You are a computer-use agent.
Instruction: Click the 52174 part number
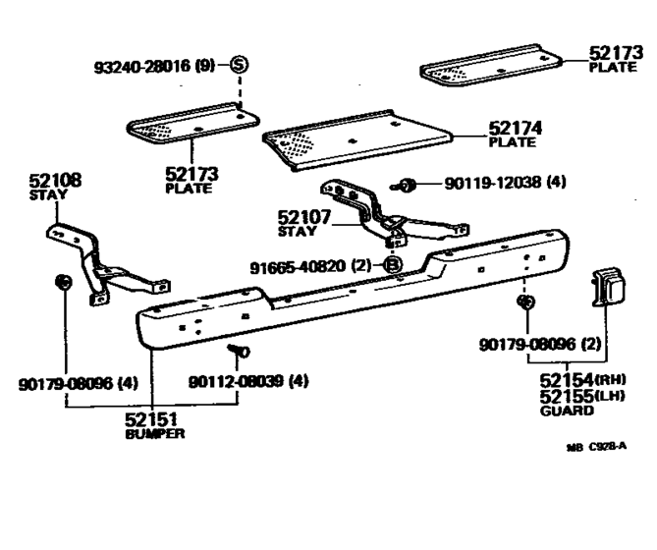coord(512,128)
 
